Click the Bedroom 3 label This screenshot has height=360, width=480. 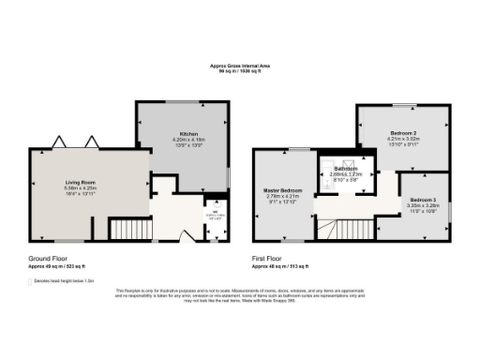point(421,200)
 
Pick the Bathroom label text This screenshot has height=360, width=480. point(345,169)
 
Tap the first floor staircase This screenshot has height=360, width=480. point(352,228)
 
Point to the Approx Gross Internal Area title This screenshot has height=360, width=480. point(241,67)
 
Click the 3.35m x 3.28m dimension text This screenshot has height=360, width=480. point(421,206)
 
